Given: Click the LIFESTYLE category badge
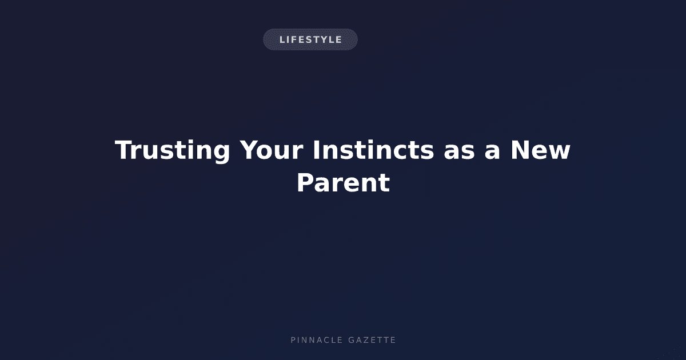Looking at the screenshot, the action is (x=310, y=39).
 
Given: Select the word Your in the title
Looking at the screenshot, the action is (x=272, y=150).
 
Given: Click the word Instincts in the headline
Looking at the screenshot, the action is (x=373, y=150).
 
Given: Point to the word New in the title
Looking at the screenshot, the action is (x=540, y=150).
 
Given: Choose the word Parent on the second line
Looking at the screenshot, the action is (x=344, y=183).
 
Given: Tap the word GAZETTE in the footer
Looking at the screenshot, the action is (x=372, y=340).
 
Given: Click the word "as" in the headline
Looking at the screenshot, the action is (x=460, y=153).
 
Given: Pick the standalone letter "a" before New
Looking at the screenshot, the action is (x=492, y=153).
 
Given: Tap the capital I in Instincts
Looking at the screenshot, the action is (x=316, y=150).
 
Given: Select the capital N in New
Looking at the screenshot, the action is (x=520, y=150).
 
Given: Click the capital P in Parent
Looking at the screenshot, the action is (x=305, y=183).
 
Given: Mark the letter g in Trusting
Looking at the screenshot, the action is (x=221, y=155).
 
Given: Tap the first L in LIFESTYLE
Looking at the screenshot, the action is (x=282, y=39).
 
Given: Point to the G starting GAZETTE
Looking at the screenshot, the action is (x=351, y=340).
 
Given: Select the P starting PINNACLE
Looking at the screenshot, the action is (x=293, y=340).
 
